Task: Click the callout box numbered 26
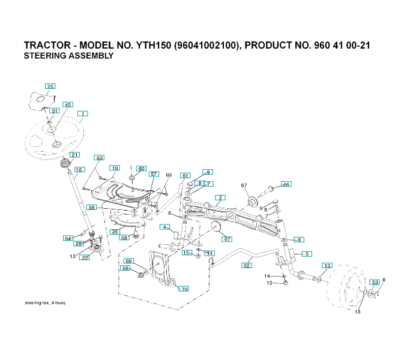click(x=50, y=86)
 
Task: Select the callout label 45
click(x=68, y=104)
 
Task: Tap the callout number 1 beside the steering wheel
click(x=82, y=113)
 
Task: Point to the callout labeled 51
click(x=55, y=111)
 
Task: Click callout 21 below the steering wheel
click(x=74, y=155)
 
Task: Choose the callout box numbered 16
click(x=79, y=170)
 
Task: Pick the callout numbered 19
click(x=115, y=169)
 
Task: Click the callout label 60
click(x=141, y=169)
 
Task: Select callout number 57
click(x=154, y=174)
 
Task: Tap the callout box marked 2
click(x=221, y=197)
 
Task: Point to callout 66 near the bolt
click(x=286, y=184)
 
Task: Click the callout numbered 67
click(x=228, y=239)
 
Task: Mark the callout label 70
click(x=184, y=289)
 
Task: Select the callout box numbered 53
click(x=375, y=282)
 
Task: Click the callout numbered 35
click(x=115, y=231)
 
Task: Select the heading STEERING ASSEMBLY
click(x=68, y=56)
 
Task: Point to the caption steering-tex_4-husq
click(x=45, y=303)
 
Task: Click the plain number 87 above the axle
click(x=244, y=185)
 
